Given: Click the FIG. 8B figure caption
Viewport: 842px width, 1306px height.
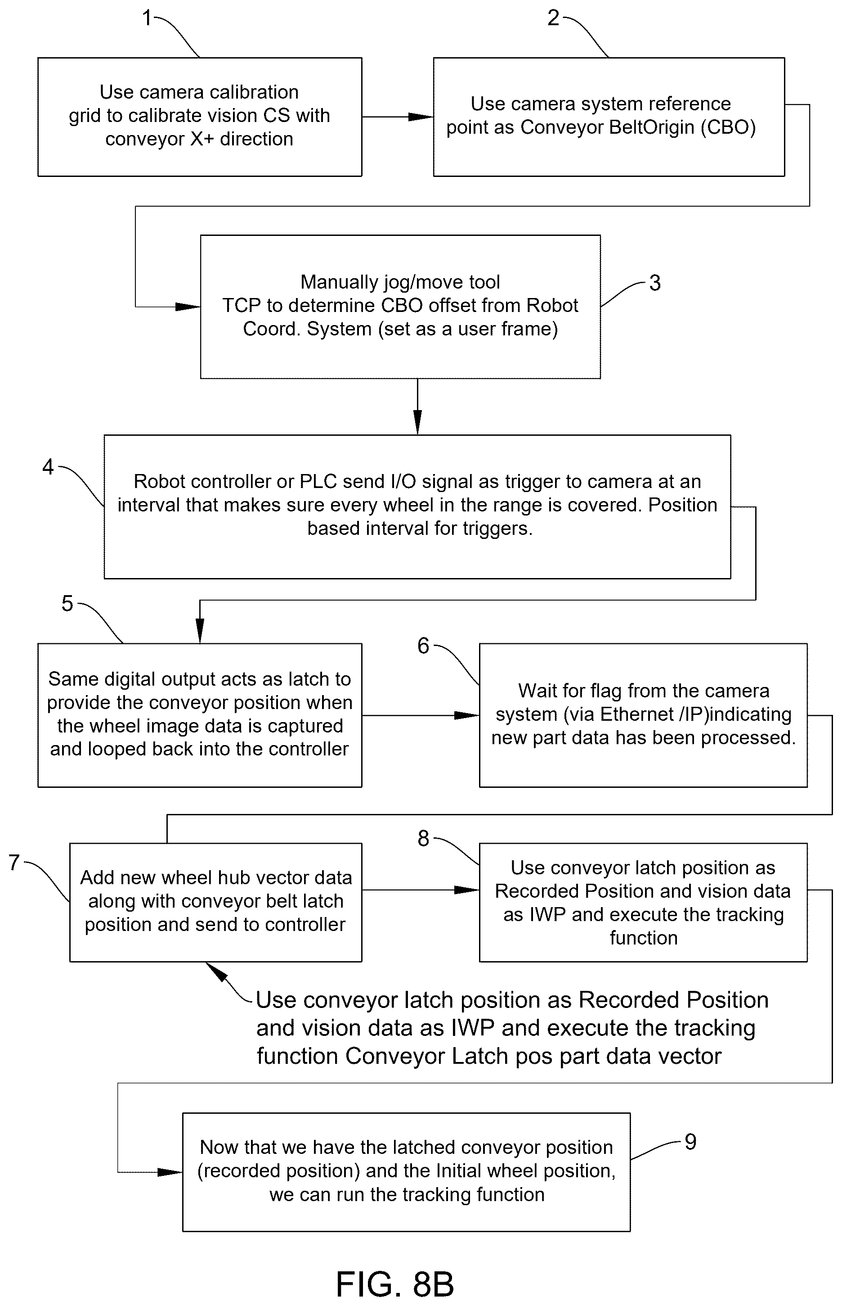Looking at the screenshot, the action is click(x=395, y=1284).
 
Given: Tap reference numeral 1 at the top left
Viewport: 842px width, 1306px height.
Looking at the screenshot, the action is click(x=147, y=18).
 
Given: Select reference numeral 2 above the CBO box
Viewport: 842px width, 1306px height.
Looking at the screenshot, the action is click(x=553, y=18).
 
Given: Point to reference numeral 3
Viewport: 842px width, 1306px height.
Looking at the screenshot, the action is click(x=655, y=283).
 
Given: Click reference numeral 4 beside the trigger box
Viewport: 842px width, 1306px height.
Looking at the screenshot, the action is click(x=48, y=467).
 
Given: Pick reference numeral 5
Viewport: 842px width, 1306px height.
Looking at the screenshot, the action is click(x=67, y=604).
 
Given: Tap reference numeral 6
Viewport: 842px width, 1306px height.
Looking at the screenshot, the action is click(x=423, y=646).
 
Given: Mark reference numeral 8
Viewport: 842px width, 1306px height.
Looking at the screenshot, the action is click(x=423, y=838).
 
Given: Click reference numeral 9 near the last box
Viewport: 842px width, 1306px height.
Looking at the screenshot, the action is click(x=690, y=1142).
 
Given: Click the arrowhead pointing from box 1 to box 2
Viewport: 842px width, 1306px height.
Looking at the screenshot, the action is click(x=421, y=117).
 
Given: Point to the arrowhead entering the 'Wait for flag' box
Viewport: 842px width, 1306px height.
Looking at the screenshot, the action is click(x=467, y=715).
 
